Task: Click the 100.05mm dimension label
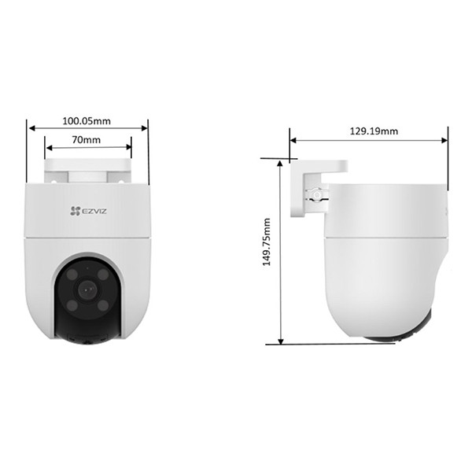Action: (x=87, y=121)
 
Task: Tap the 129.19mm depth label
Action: (x=373, y=131)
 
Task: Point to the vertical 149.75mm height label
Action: (x=267, y=244)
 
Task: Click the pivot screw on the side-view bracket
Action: (x=316, y=194)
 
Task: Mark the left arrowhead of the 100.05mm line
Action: (x=31, y=129)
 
